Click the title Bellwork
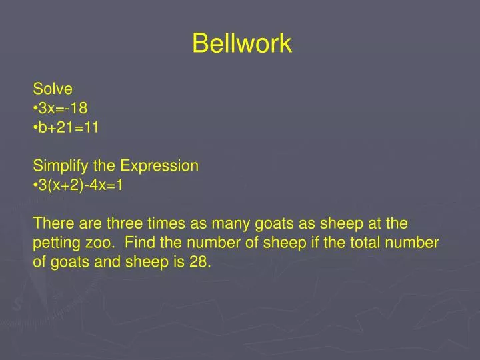tap(242, 43)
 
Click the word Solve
tap(53, 89)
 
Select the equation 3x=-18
tap(63, 108)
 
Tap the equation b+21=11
tap(68, 127)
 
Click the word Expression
tap(159, 166)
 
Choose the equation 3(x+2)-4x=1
tap(81, 185)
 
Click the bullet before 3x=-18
tap(35, 109)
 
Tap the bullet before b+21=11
tap(35, 127)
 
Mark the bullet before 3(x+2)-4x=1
tap(35, 185)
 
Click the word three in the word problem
tap(125, 223)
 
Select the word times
tap(166, 223)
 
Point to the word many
tap(231, 225)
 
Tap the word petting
tap(57, 243)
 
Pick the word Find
tap(139, 243)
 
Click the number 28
tap(200, 262)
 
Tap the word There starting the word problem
tap(53, 223)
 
